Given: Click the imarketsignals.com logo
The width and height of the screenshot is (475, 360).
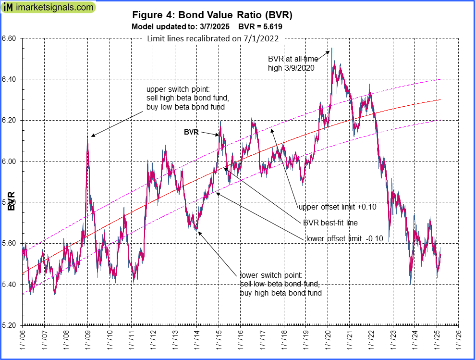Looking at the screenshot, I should pos(48,7).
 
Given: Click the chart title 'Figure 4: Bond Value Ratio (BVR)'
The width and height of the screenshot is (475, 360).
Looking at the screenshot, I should pos(212,15).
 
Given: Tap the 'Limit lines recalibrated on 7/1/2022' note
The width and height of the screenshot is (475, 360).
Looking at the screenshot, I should pos(213,39).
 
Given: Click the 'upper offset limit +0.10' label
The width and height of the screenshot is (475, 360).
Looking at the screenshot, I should pos(337,207).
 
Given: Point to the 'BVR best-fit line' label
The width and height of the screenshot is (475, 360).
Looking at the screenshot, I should pos(330,223).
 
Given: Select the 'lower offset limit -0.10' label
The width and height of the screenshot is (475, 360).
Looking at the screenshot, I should pos(344,238).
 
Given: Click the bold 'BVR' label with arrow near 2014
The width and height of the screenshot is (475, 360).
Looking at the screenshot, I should pos(192,131).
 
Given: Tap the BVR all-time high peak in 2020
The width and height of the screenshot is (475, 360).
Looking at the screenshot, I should pos(331,48).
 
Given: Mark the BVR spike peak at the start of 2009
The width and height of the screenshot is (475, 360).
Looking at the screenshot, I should pos(87,136).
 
